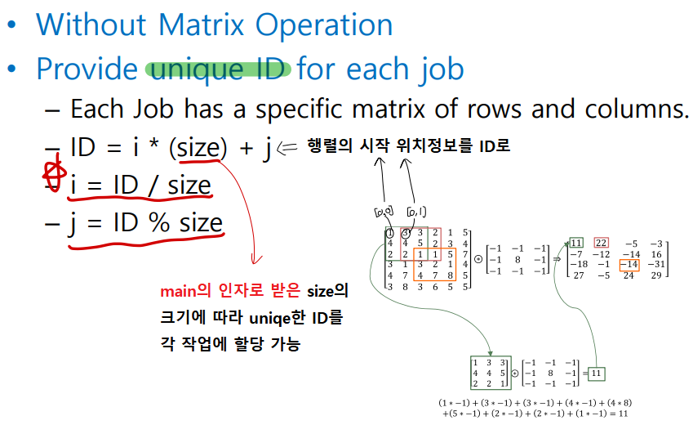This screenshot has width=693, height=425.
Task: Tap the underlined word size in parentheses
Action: click(198, 149)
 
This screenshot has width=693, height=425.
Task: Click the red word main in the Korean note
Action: click(179, 292)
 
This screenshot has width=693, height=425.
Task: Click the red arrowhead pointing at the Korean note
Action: click(256, 260)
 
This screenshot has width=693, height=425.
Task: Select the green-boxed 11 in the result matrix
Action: click(576, 243)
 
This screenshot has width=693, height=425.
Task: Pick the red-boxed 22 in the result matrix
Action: click(602, 243)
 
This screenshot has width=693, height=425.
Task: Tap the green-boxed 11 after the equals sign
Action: click(597, 374)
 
